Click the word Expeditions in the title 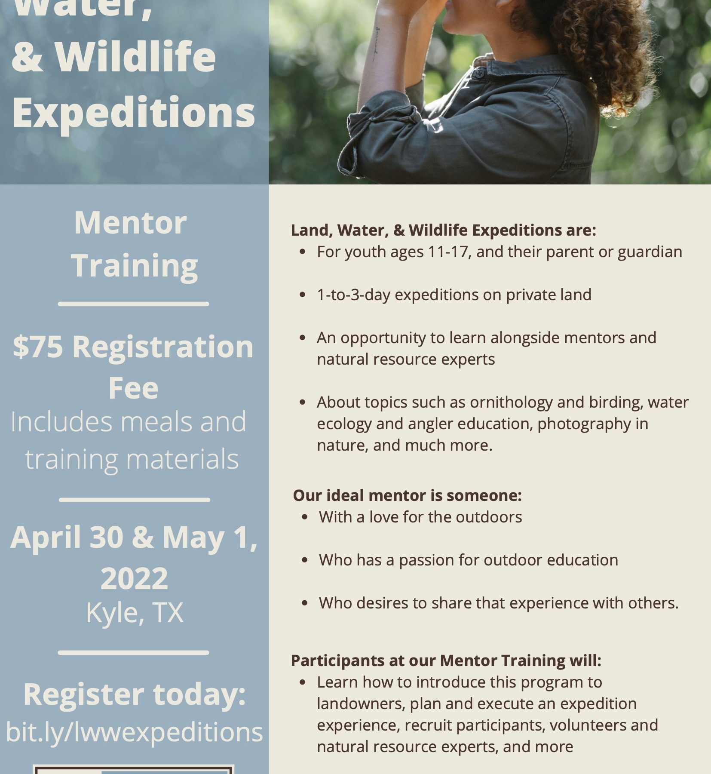coord(134,113)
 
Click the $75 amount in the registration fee coord(38,347)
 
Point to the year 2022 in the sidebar coord(134,578)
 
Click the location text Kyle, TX coord(135,613)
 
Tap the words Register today coord(134,694)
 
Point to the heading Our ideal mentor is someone coord(407,495)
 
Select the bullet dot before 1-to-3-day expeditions coord(303,295)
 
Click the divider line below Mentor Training coord(134,304)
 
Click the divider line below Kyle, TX coord(134,652)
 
